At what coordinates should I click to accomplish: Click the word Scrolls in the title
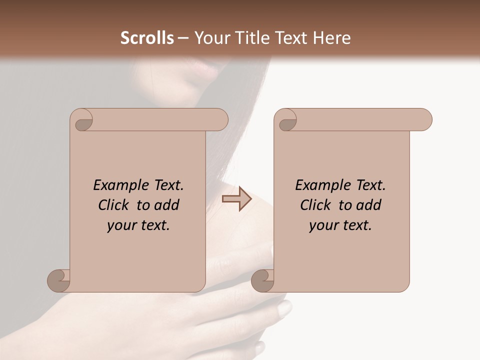tap(147, 38)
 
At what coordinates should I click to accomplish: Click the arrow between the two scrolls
tap(236, 198)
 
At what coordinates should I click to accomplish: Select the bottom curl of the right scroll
tap(263, 280)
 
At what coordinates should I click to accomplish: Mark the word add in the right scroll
tap(368, 205)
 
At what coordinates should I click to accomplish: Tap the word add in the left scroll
tap(166, 205)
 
